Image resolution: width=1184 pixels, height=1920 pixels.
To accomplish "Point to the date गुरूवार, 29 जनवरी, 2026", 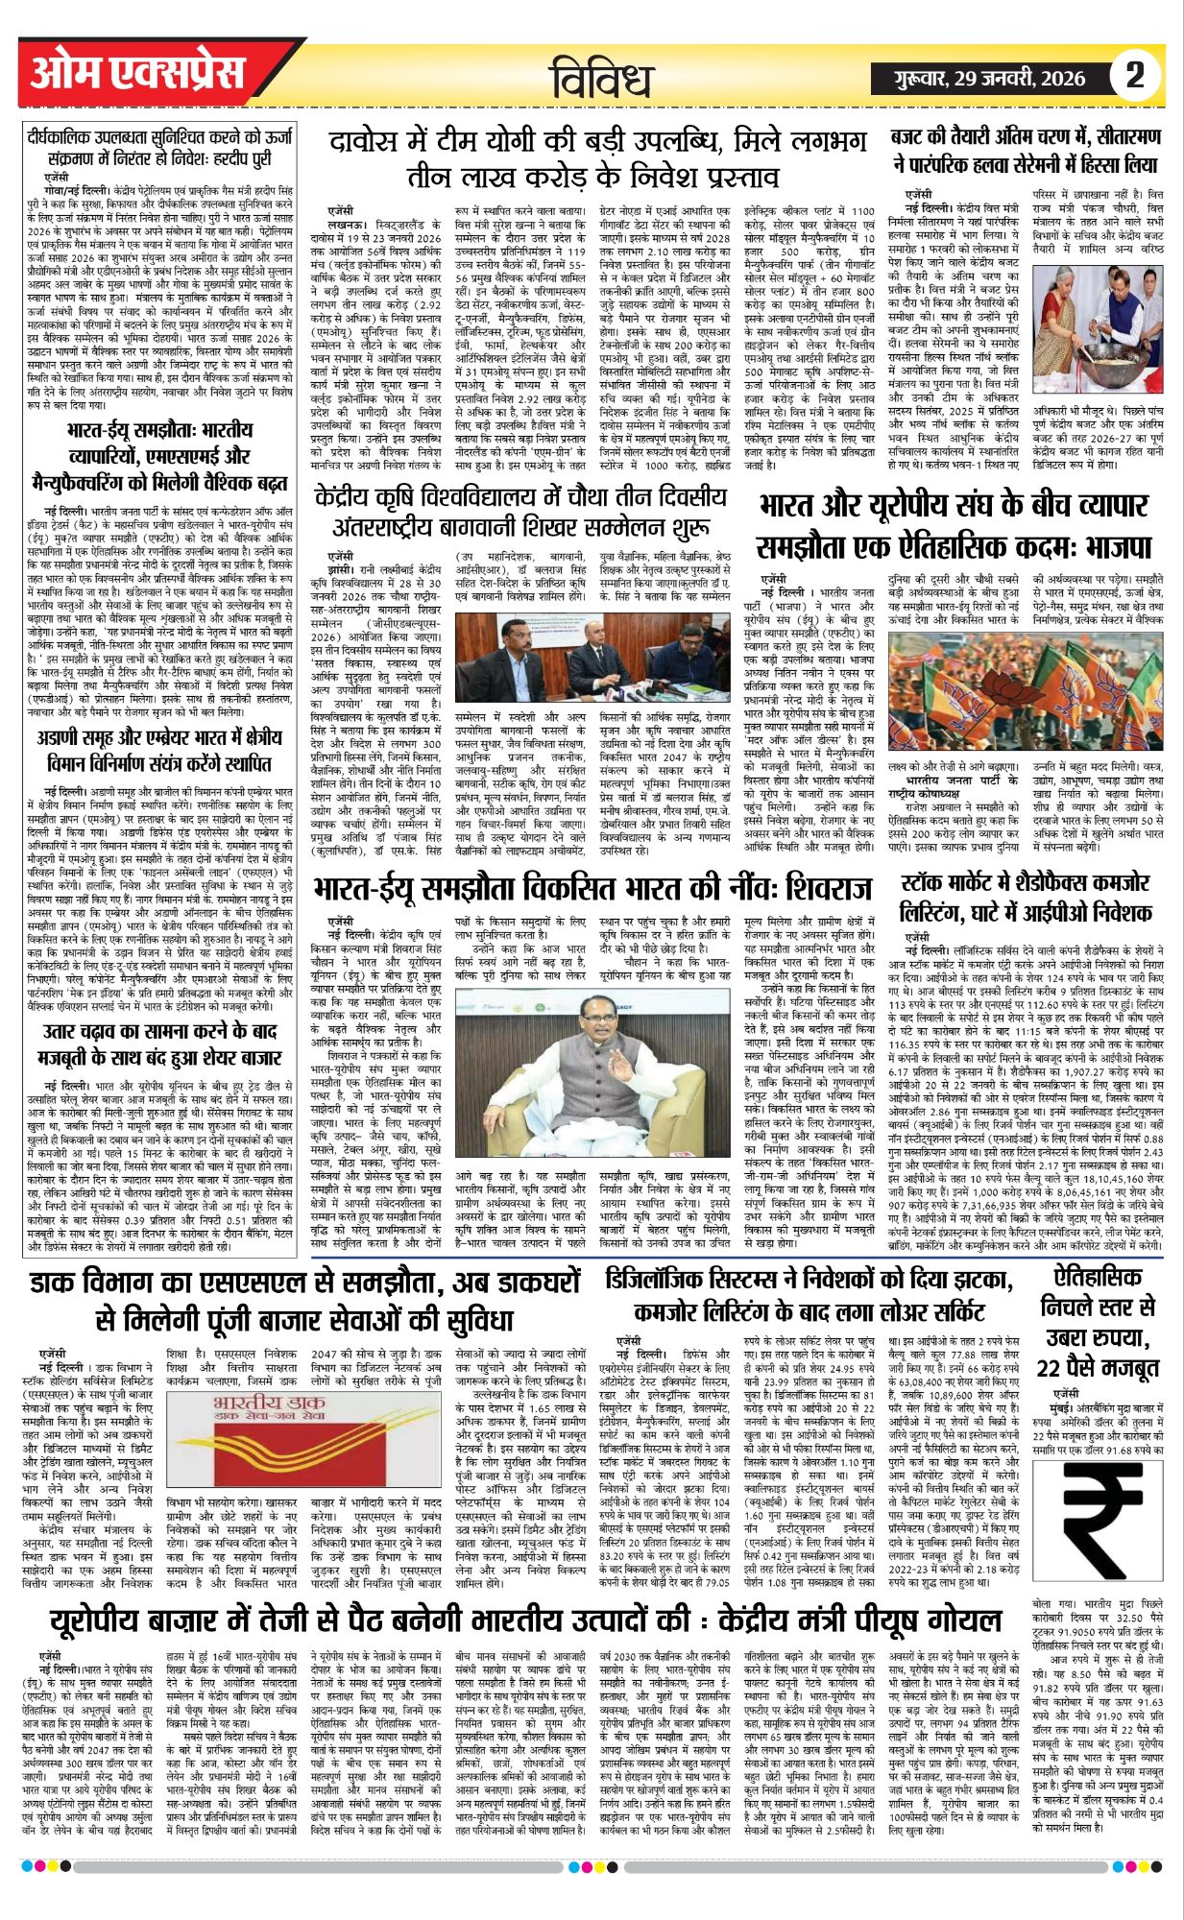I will pos(989,79).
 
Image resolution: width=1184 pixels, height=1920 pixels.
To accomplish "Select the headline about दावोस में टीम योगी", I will pos(596,159).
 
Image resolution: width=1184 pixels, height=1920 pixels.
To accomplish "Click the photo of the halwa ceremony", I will pos(1102,300).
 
